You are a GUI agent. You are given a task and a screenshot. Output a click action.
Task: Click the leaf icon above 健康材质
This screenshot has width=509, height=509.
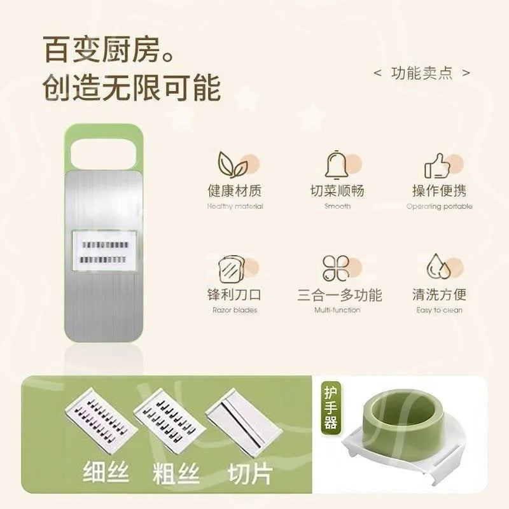tap(233, 165)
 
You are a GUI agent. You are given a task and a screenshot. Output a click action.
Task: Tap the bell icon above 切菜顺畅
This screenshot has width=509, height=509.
tap(337, 165)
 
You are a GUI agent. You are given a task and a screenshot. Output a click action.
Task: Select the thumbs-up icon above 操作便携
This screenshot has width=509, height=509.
tap(438, 165)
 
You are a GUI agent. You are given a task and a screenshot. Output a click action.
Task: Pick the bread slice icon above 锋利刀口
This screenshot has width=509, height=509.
tap(232, 269)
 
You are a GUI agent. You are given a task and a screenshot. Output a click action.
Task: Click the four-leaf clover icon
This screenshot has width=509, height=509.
tap(336, 268)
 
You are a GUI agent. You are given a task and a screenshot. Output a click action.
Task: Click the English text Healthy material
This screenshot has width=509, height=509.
tap(235, 206)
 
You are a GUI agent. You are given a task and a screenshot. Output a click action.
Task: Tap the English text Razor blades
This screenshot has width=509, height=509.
tap(235, 310)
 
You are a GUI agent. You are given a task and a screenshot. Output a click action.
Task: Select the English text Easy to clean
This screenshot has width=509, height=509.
tap(439, 310)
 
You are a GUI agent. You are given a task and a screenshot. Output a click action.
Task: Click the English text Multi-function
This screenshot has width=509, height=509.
tap(337, 310)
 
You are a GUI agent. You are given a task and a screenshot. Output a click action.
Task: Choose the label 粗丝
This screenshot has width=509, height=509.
tap(176, 473)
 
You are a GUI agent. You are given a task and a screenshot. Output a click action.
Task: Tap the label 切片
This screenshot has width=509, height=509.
tap(250, 473)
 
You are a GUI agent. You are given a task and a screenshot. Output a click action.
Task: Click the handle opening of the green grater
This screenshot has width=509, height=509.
tap(104, 154)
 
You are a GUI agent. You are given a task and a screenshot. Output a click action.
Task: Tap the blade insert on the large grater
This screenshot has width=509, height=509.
tap(104, 251)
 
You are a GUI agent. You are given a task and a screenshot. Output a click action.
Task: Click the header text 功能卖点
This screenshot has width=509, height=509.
tap(422, 73)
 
